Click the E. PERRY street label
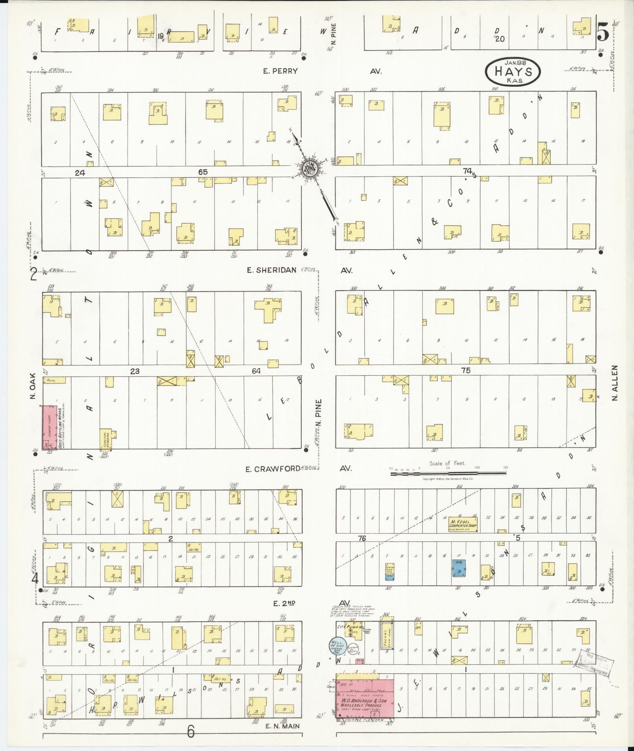point(281,71)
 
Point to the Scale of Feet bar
point(448,474)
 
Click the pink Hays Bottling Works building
point(50,428)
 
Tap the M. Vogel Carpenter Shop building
point(463,524)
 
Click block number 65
point(203,172)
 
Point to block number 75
point(466,370)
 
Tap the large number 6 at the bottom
point(191,731)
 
